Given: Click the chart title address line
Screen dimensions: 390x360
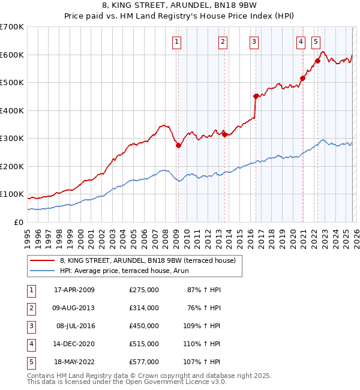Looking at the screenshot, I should pyautogui.click(x=179, y=5).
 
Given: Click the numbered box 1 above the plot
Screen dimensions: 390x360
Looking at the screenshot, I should pyautogui.click(x=178, y=42).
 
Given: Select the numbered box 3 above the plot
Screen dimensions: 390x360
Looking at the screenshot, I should pyautogui.click(x=254, y=42).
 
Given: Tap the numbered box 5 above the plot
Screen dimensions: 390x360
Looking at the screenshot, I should pyautogui.click(x=316, y=42).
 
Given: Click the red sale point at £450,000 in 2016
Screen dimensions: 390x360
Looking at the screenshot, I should pyautogui.click(x=256, y=96).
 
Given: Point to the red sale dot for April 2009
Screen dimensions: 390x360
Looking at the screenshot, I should pyautogui.click(x=178, y=145).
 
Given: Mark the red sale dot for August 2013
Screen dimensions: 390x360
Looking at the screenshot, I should pyautogui.click(x=224, y=134).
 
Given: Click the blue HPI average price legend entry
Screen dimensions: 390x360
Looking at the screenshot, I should pyautogui.click(x=132, y=271).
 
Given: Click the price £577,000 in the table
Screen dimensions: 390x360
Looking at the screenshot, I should pyautogui.click(x=144, y=362).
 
